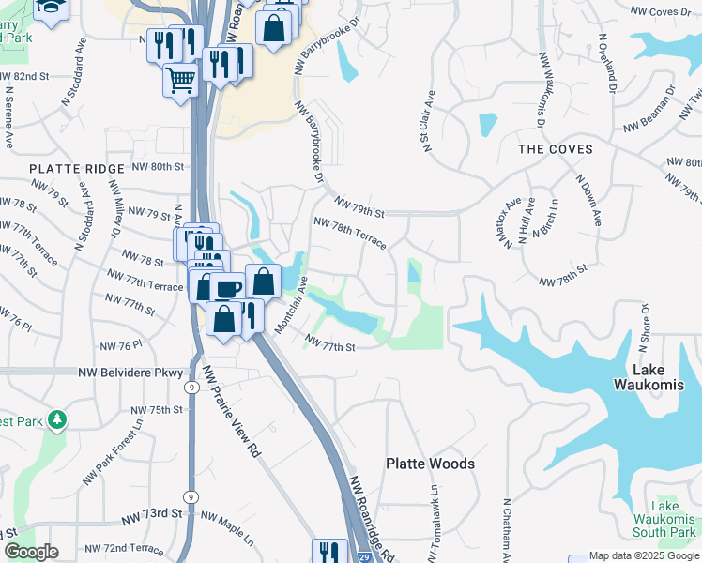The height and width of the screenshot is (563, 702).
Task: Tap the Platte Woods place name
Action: [431, 464]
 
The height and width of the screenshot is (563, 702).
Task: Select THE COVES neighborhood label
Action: [556, 149]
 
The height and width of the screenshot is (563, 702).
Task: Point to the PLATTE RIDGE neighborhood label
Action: [77, 168]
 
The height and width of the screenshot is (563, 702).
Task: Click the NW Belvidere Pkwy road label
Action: [132, 373]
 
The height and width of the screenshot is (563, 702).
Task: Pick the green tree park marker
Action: [58, 419]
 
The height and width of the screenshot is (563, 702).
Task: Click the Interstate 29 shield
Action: [363, 556]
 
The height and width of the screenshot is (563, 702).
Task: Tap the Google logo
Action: [31, 552]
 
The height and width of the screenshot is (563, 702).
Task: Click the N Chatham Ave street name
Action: [507, 530]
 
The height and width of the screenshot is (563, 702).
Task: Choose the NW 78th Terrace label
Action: [349, 234]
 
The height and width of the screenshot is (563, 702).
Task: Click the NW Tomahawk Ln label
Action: [434, 523]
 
